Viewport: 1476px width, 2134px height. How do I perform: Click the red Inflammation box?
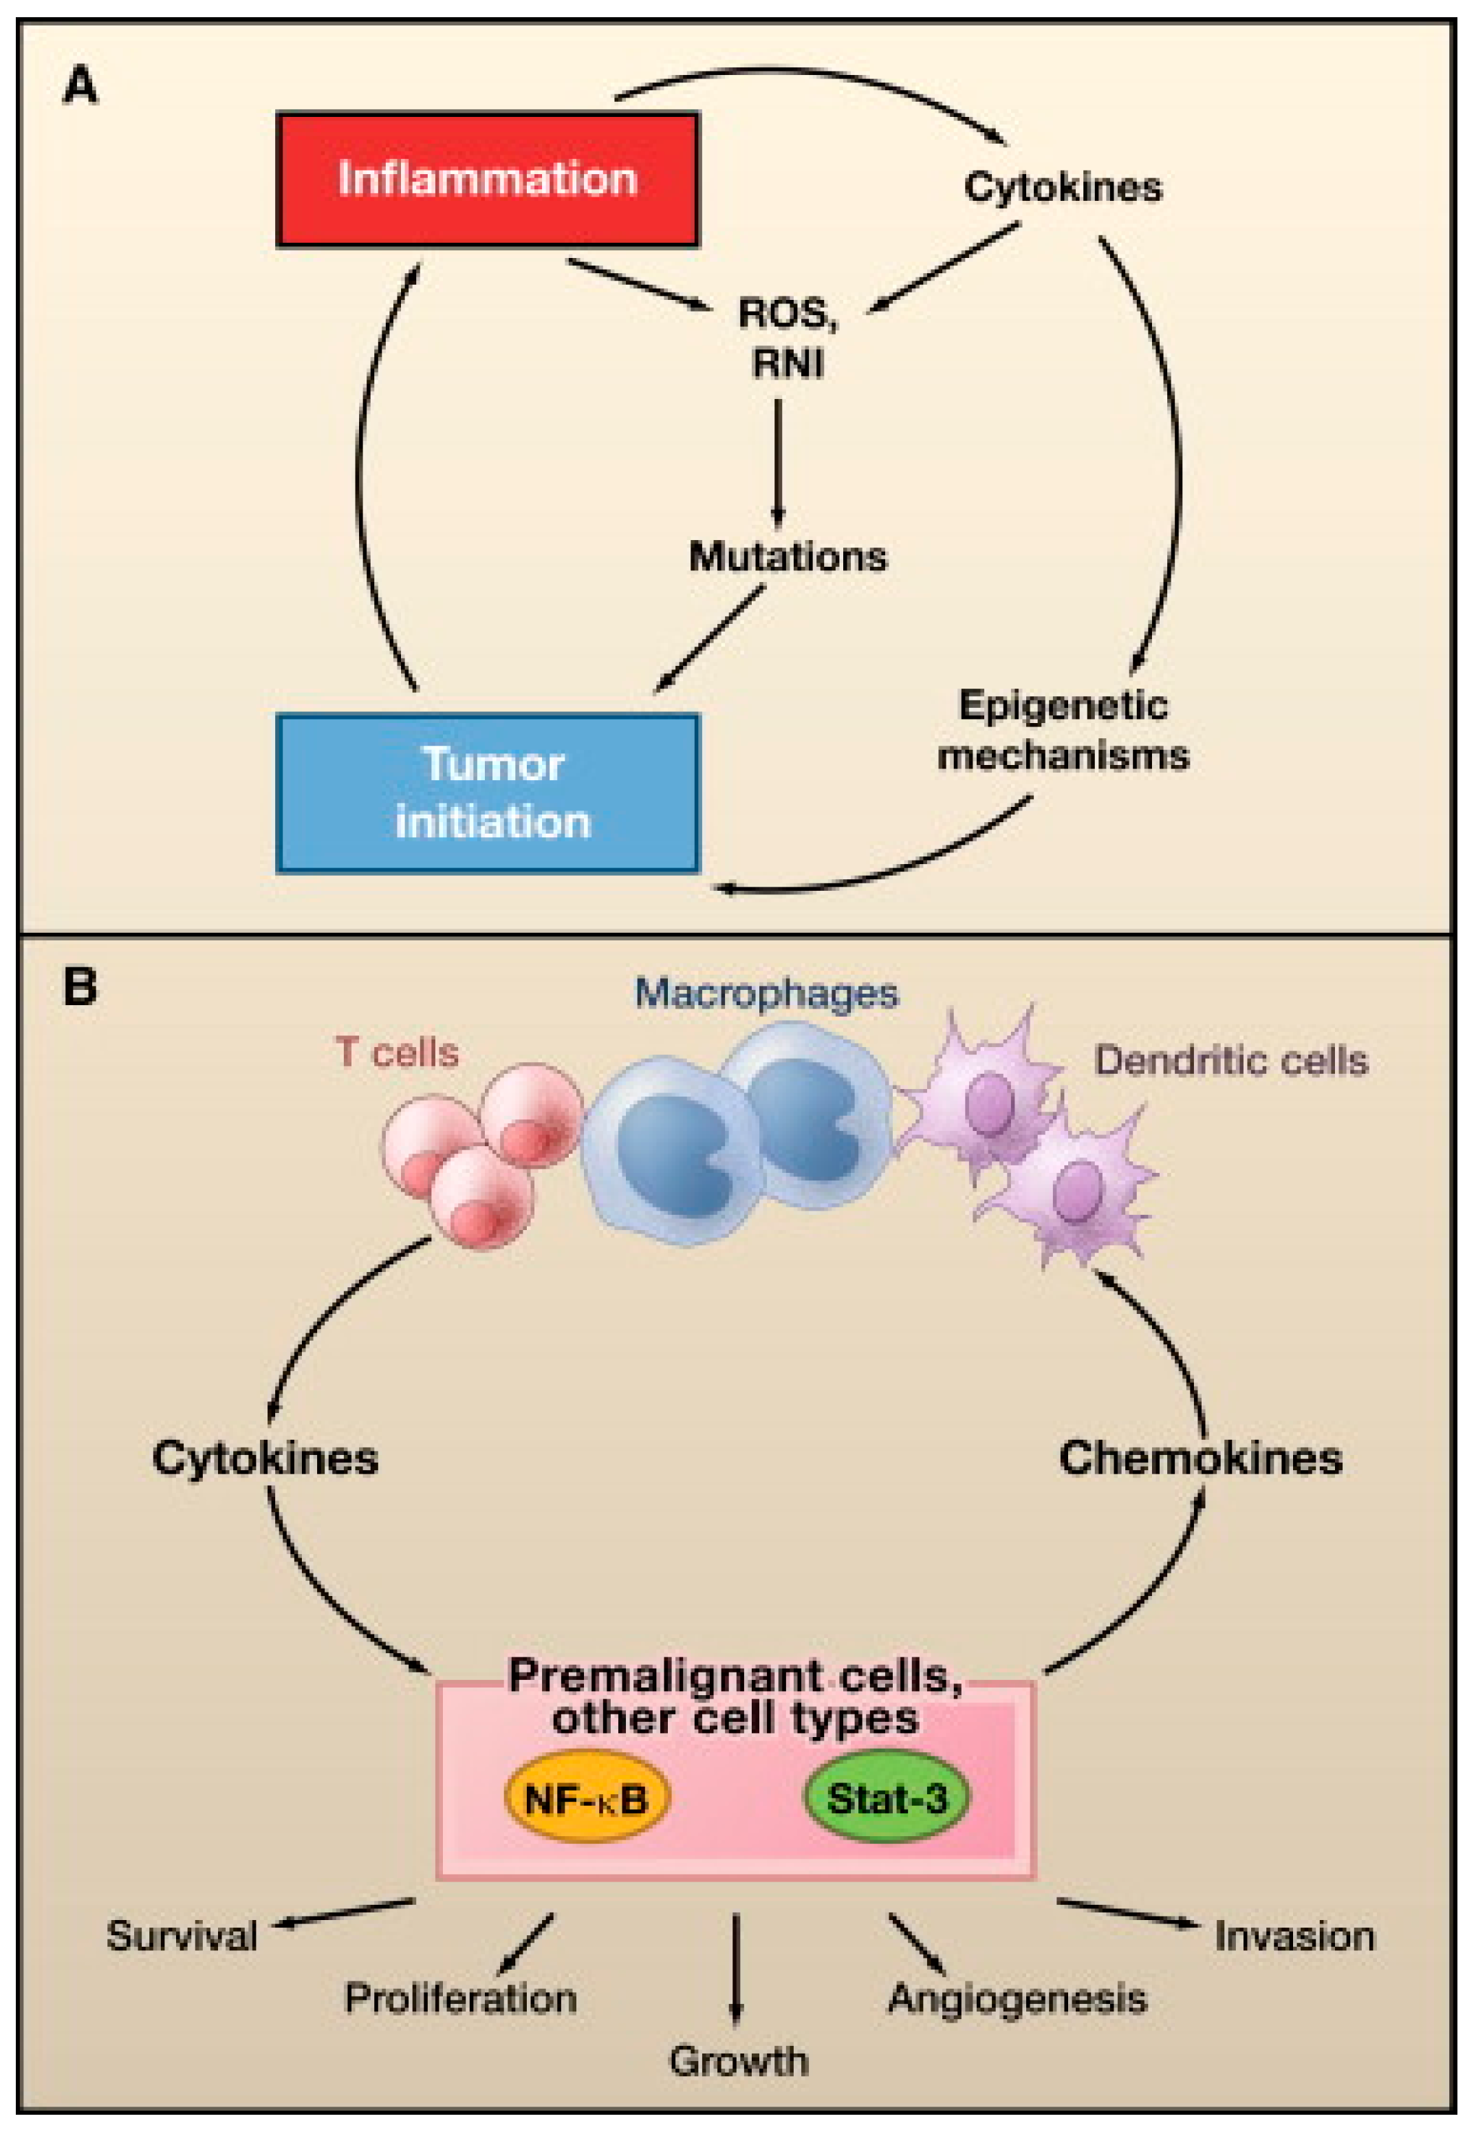pyautogui.click(x=488, y=180)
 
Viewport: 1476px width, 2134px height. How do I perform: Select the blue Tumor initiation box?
pyautogui.click(x=488, y=793)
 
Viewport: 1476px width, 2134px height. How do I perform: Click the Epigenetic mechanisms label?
pyautogui.click(x=1063, y=731)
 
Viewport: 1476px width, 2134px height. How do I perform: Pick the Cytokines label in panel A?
pyautogui.click(x=1063, y=188)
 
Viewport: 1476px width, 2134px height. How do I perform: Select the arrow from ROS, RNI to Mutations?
pyautogui.click(x=778, y=462)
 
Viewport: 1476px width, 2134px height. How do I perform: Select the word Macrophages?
pyautogui.click(x=766, y=993)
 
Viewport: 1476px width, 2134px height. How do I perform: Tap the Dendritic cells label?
pyautogui.click(x=1231, y=1061)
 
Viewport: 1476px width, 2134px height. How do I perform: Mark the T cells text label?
pyautogui.click(x=397, y=1053)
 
